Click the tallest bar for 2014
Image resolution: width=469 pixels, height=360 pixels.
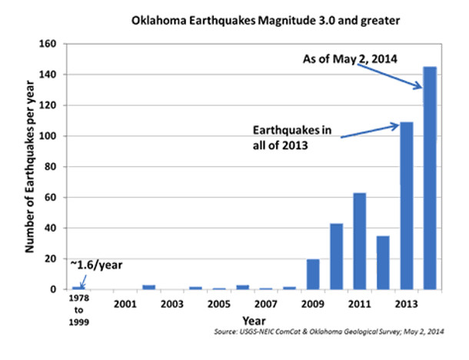[430, 178]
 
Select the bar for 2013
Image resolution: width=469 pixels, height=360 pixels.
[407, 206]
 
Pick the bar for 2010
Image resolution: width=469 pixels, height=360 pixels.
[337, 257]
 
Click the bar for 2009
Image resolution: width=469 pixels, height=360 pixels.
[313, 275]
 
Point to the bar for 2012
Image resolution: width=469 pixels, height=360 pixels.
[384, 263]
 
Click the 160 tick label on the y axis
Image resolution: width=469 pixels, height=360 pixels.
[50, 44]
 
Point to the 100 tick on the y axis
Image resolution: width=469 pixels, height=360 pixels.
[50, 136]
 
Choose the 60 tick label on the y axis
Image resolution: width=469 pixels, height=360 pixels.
[52, 198]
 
